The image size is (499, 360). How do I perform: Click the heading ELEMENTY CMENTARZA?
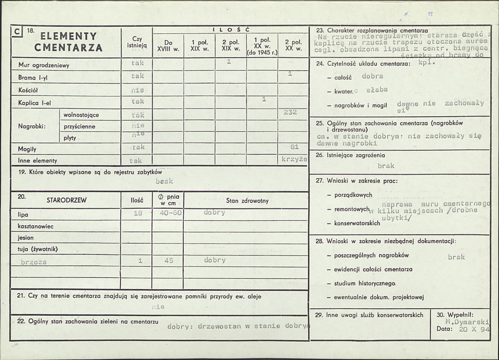[68, 42]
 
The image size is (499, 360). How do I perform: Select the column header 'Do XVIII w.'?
[168, 45]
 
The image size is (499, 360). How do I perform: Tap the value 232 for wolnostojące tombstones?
[290, 112]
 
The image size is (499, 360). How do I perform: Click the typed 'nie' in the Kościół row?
[137, 90]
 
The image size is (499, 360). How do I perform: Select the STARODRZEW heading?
[67, 200]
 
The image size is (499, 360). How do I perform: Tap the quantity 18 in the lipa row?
[137, 213]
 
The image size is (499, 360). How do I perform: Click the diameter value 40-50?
[171, 213]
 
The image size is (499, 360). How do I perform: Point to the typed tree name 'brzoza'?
[34, 262]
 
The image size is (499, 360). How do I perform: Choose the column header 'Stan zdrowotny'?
[247, 201]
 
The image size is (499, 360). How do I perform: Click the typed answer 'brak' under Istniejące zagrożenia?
[386, 166]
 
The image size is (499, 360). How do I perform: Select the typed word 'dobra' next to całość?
[372, 76]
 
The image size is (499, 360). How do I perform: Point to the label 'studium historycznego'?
[364, 283]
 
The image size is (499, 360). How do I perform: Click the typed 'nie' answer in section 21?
[158, 307]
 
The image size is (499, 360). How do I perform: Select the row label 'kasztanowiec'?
[36, 226]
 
